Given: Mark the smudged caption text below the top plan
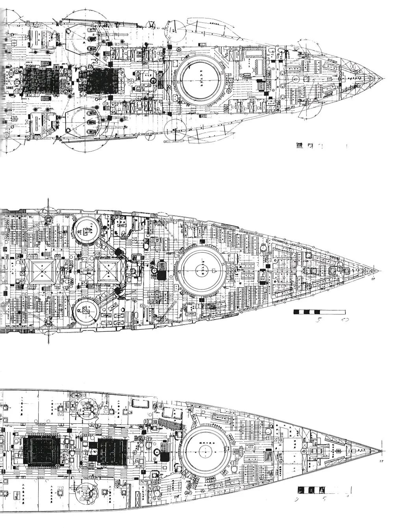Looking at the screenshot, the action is (x=303, y=146).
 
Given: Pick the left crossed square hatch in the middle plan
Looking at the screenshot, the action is (x=41, y=271).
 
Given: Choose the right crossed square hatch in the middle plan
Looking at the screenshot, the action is (x=109, y=271).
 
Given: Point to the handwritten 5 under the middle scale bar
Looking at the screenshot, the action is (x=318, y=320).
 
